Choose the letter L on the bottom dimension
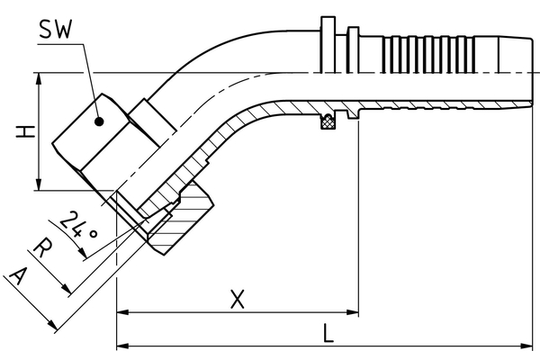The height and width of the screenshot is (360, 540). [x=328, y=333]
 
